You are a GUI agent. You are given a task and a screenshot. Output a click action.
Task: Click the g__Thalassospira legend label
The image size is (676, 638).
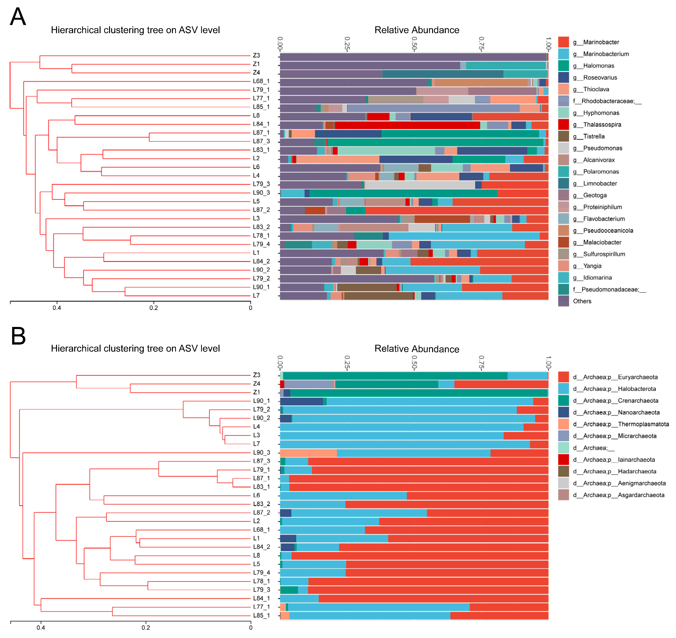click(602, 124)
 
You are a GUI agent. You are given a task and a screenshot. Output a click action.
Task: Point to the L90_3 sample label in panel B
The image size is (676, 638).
click(262, 452)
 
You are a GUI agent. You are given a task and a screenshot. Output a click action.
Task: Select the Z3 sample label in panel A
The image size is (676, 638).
click(256, 56)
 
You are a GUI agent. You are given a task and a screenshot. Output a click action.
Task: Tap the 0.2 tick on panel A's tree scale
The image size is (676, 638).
click(154, 308)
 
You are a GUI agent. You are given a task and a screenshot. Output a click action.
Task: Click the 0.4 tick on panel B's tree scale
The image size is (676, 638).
click(41, 627)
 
